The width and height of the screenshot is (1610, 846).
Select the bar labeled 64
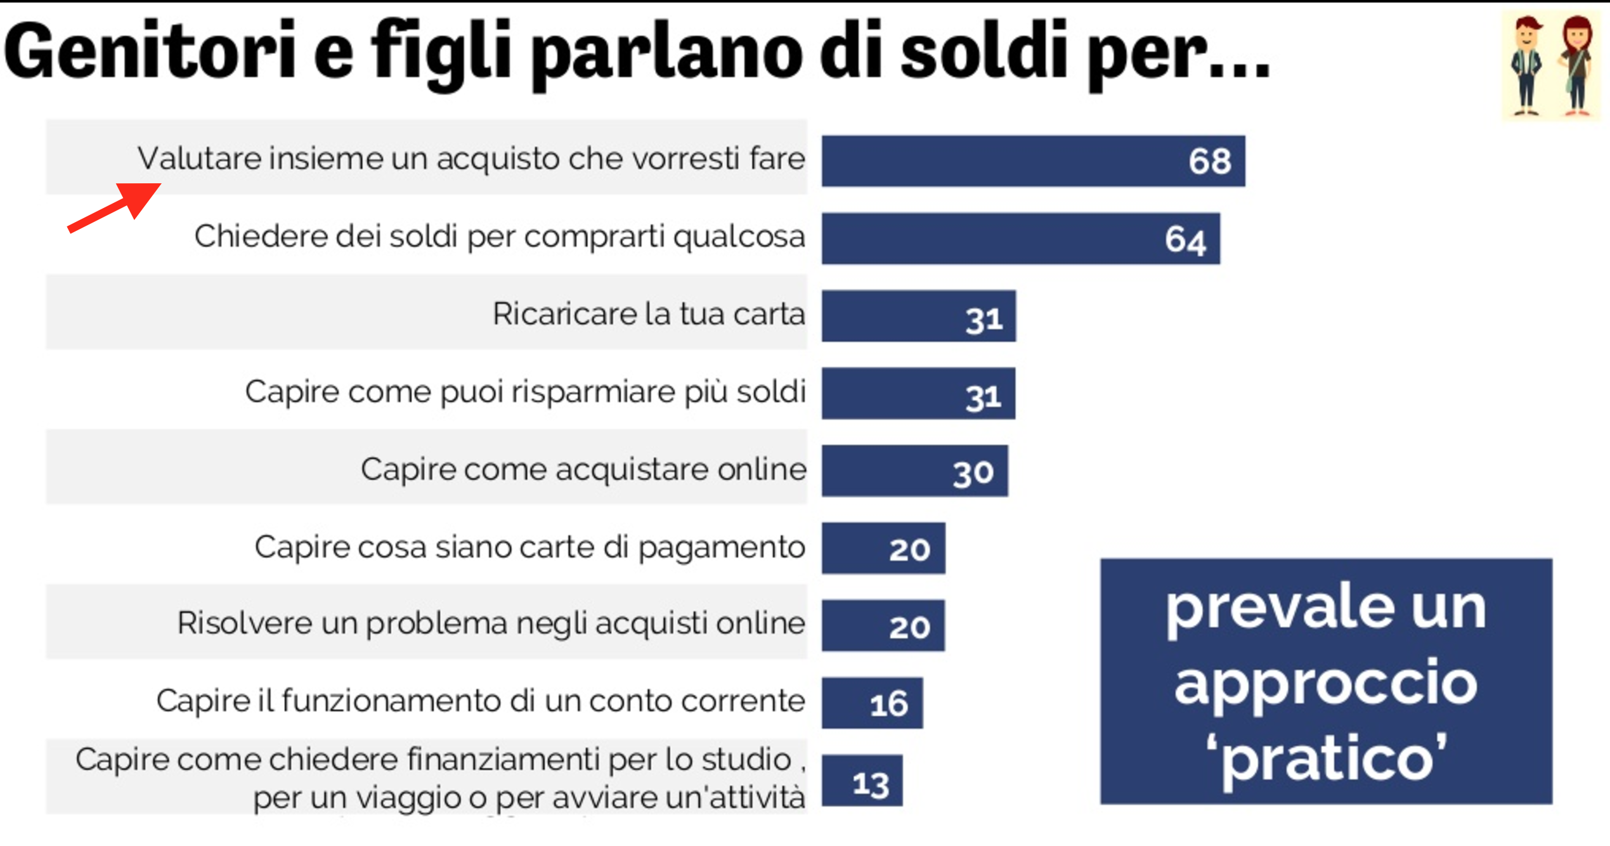(x=1020, y=238)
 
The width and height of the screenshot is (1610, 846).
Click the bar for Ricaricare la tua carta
(x=918, y=316)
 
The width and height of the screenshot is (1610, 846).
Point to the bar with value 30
(x=914, y=471)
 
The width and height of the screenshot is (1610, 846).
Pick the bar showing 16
(x=872, y=703)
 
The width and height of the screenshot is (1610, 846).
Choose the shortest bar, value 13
(x=862, y=781)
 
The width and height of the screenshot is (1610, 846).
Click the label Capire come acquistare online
(x=583, y=470)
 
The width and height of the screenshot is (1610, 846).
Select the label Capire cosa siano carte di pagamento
(x=529, y=547)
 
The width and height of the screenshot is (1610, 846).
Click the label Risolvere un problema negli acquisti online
(x=491, y=623)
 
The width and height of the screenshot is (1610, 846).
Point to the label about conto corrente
(x=481, y=701)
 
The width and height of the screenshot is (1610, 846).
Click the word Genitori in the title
(x=150, y=51)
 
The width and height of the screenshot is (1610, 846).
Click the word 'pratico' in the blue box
(x=1326, y=758)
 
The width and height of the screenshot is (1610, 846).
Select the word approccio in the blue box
(x=1326, y=684)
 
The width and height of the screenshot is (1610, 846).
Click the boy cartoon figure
(x=1526, y=65)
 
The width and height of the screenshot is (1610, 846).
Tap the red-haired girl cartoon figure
(x=1576, y=65)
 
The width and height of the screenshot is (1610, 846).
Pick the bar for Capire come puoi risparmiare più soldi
(x=918, y=394)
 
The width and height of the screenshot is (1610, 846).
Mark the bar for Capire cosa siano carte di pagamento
(x=883, y=549)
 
